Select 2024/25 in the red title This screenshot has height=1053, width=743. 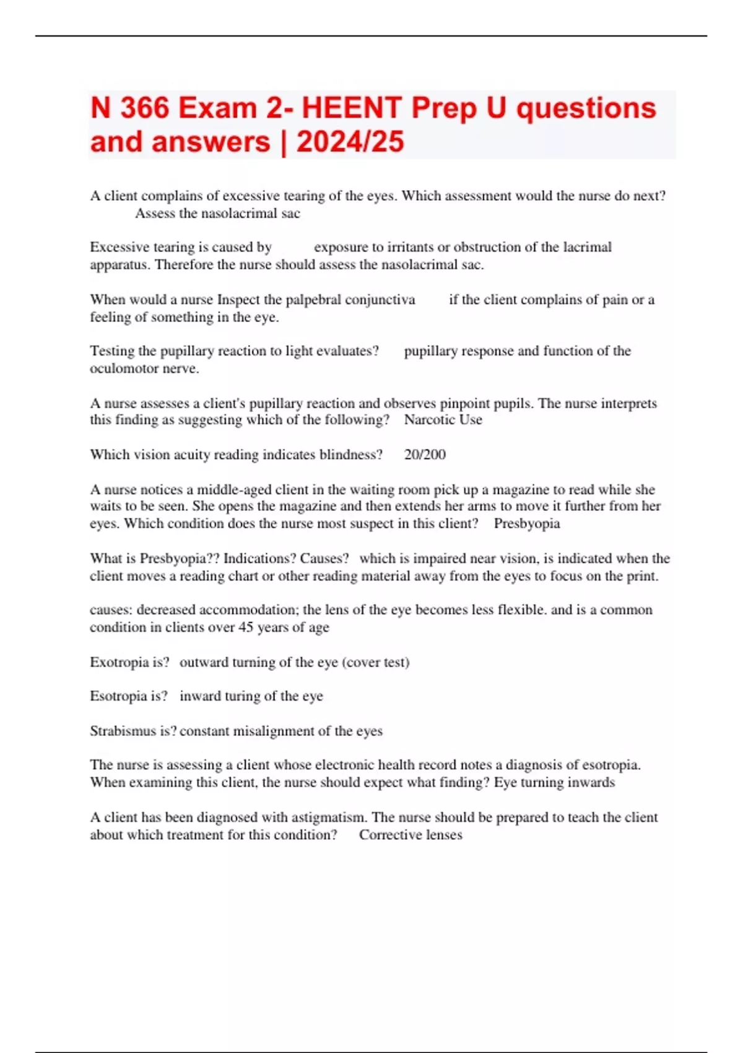pos(350,142)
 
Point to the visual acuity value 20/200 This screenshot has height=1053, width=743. pos(425,455)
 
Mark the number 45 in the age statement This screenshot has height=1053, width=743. pos(246,627)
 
